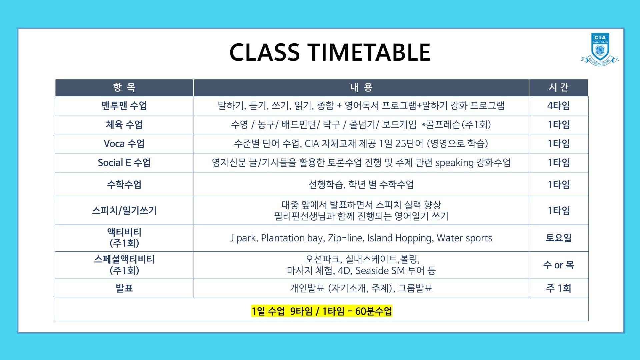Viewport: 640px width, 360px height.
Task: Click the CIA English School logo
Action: coord(600,49)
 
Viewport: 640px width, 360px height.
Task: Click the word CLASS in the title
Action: coord(265,52)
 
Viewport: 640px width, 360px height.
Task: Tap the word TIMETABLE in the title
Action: coord(369,52)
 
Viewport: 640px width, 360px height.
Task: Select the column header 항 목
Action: coord(124,87)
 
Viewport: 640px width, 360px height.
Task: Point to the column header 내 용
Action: coord(361,87)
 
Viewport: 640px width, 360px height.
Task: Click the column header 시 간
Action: coord(559,87)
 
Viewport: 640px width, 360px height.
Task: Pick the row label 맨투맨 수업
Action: coord(124,106)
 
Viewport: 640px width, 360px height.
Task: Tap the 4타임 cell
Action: coord(559,106)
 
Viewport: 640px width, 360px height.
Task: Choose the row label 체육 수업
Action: coord(124,125)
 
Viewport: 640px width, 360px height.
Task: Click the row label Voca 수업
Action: coord(124,144)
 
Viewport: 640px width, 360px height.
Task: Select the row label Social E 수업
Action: coord(124,163)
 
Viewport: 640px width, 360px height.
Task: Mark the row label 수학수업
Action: coord(124,185)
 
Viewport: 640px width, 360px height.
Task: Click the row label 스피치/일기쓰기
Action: coord(124,211)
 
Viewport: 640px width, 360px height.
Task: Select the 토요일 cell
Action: coord(559,238)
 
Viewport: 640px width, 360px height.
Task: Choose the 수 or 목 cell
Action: coord(559,265)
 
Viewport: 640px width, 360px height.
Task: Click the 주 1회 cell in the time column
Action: coord(559,288)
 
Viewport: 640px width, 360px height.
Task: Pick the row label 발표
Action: coord(124,288)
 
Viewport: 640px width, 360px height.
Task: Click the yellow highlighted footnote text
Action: coord(322,311)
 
